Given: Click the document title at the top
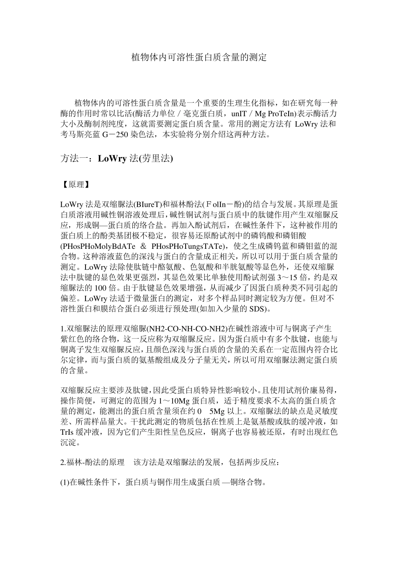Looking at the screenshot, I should coord(199,57).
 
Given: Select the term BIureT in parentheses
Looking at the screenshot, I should coord(147,205).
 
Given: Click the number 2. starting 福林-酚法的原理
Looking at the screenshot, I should coord(64,462).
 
